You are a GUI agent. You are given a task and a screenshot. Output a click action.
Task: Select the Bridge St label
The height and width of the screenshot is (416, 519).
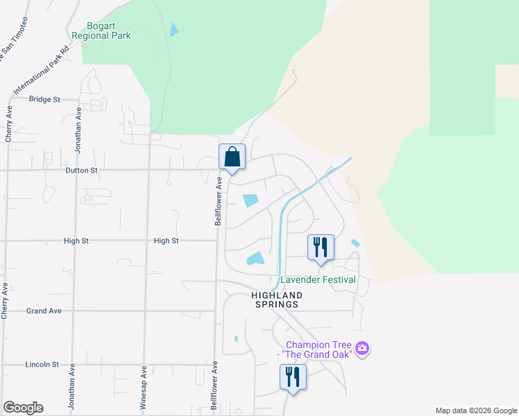tap(44, 99)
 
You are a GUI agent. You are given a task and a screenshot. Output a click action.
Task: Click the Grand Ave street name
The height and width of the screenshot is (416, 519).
tap(44, 311)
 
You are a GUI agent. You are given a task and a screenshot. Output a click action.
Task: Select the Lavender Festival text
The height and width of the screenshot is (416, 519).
tap(318, 280)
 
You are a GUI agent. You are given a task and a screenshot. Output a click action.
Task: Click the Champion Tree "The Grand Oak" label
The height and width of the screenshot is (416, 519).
tap(317, 349)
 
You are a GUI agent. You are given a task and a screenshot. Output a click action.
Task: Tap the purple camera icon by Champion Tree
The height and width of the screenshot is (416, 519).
tap(361, 347)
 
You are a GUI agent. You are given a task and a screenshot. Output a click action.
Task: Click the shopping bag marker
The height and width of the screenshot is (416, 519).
tap(232, 157)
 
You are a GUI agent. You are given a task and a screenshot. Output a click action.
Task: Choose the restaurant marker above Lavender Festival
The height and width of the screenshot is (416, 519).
tap(321, 248)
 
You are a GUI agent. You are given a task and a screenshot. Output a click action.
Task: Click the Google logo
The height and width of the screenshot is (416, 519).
tap(23, 408)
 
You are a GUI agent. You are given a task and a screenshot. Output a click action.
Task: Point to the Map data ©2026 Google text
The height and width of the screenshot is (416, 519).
tap(476, 410)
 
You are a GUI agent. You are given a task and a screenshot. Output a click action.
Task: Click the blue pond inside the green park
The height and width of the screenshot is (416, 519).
tap(173, 30)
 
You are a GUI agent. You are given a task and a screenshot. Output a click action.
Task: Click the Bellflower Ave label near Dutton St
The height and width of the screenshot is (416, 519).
tap(217, 201)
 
